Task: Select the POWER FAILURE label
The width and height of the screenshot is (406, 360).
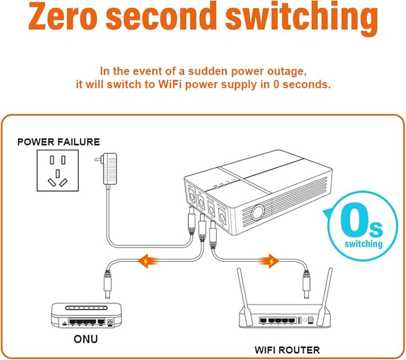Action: pos(58,142)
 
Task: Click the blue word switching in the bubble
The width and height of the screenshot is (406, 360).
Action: pos(363,244)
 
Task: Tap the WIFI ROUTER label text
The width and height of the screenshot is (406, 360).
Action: pos(287,350)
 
